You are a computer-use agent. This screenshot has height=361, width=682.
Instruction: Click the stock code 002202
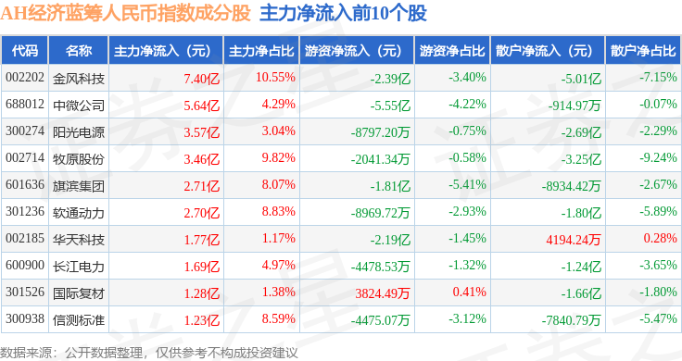click(25, 78)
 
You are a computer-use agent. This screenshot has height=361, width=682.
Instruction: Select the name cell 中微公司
click(79, 106)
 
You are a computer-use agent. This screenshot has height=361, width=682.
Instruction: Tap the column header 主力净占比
click(261, 51)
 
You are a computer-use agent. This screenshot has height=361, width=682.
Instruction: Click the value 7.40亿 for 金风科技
click(202, 79)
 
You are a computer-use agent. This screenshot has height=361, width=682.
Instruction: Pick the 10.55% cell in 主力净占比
click(275, 78)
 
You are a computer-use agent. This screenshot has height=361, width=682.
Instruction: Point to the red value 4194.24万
click(574, 240)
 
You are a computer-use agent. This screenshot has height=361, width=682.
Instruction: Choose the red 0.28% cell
click(661, 238)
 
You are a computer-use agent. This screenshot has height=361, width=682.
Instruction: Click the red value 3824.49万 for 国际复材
click(383, 293)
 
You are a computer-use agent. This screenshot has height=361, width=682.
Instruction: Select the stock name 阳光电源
click(79, 132)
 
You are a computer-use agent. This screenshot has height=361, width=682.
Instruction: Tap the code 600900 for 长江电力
click(25, 265)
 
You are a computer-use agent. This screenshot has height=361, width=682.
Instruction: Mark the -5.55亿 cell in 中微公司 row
click(390, 106)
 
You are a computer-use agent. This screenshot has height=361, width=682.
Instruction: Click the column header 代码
click(25, 51)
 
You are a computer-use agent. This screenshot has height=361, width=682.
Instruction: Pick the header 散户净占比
click(643, 51)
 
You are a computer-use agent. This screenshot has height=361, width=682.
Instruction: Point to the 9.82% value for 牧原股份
click(278, 157)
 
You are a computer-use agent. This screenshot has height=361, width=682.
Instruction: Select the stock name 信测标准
click(79, 320)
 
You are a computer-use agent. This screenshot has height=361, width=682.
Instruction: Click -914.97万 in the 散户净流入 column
click(575, 106)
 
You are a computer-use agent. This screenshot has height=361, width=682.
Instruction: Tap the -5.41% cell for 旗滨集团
click(468, 184)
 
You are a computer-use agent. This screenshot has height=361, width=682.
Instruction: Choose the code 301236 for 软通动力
click(25, 212)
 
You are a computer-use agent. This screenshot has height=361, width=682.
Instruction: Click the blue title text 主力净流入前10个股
click(343, 14)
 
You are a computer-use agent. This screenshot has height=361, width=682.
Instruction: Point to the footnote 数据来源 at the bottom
click(26, 353)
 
